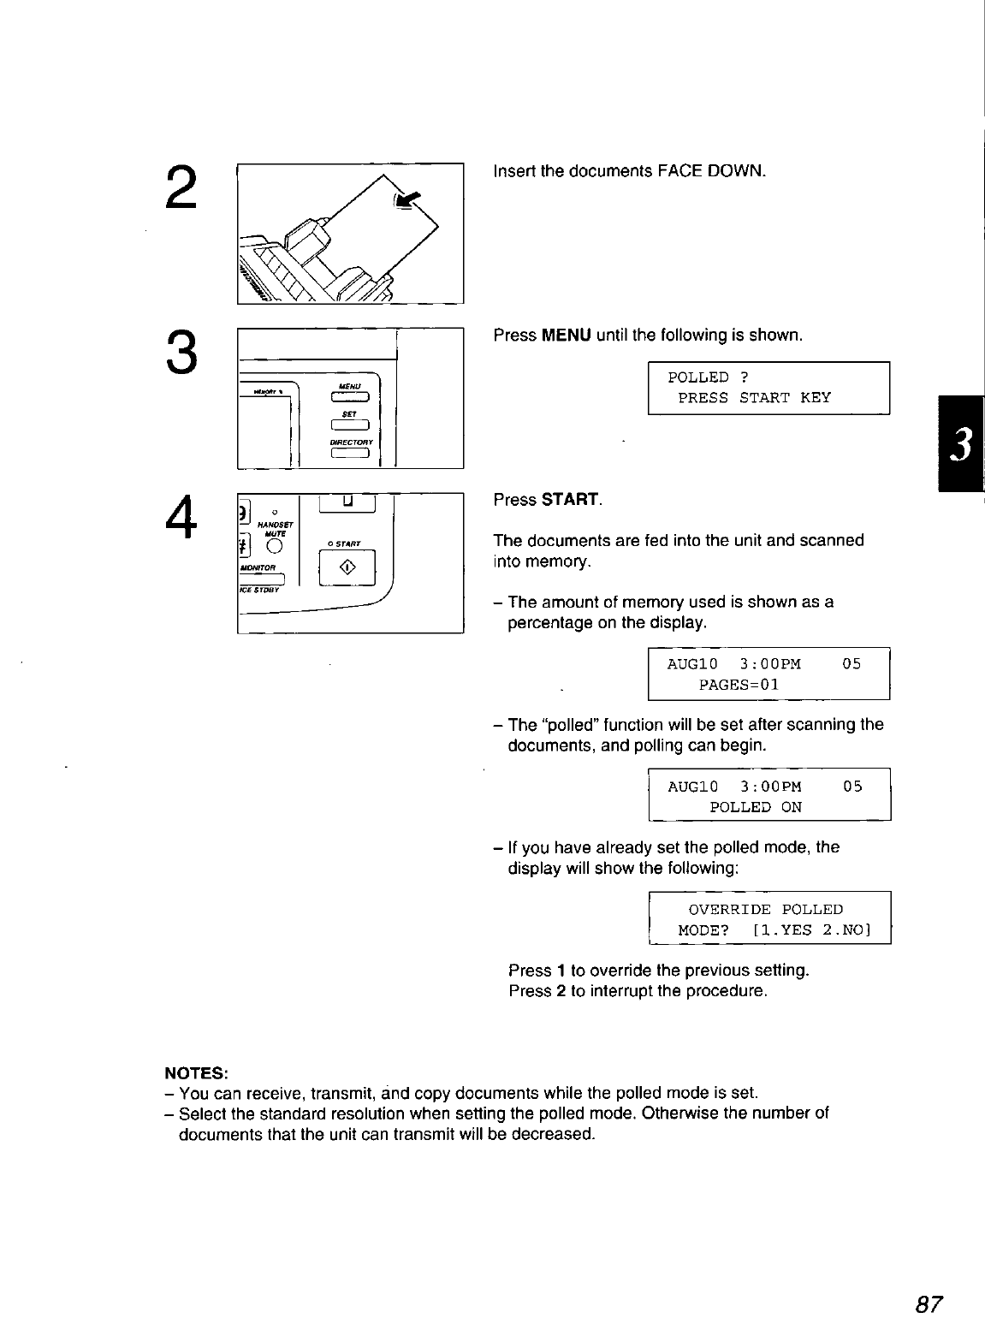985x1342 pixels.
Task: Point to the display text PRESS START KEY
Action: click(754, 398)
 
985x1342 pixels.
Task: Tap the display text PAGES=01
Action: click(739, 685)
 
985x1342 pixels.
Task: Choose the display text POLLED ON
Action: click(756, 807)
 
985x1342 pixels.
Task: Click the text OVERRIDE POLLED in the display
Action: click(765, 909)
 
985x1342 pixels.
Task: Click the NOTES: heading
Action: click(196, 1073)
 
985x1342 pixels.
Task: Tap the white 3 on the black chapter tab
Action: click(962, 445)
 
